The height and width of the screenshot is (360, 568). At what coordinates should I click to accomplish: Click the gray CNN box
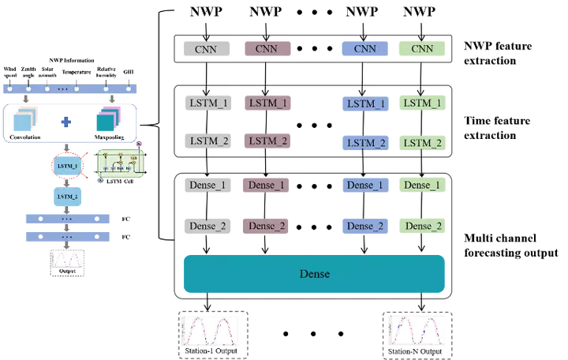206,48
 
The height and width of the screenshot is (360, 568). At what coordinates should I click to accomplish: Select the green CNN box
422,48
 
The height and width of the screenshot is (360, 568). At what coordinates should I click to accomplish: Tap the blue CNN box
364,48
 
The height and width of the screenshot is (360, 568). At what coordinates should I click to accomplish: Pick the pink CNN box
264,48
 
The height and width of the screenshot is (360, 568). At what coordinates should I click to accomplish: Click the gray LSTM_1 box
206,103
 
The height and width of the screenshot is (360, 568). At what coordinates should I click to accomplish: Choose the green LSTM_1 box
422,103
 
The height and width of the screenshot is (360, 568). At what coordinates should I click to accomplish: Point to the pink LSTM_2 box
264,141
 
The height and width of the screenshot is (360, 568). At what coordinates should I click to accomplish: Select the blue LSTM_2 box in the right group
364,143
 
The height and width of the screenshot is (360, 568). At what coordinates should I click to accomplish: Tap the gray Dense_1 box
206,186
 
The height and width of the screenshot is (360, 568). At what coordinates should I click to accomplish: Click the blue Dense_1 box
364,186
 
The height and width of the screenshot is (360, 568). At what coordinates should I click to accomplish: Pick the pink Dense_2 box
264,226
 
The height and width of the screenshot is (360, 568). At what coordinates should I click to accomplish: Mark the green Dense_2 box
422,226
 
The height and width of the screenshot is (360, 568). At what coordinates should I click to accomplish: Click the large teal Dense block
314,274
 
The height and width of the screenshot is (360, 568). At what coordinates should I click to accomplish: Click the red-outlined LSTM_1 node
67,166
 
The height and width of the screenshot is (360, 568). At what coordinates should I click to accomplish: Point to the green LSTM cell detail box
116,163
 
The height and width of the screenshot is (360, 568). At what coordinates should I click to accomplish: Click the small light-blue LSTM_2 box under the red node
67,195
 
